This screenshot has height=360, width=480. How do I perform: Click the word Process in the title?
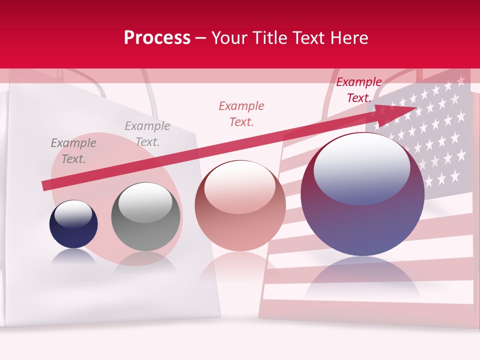157,38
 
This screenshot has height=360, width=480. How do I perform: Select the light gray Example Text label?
147,134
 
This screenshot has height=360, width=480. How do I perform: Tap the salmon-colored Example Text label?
241,114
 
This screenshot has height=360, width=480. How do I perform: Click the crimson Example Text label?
359,90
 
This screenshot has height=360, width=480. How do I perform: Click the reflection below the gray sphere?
145,262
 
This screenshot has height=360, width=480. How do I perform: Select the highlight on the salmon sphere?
240,185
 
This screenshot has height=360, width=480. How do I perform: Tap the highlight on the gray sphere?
145,202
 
